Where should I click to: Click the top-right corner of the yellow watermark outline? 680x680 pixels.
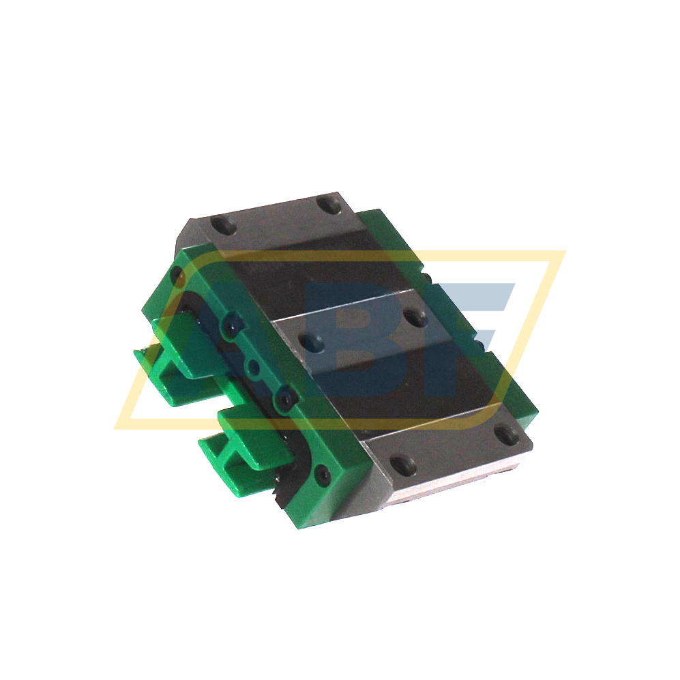click(x=563, y=253)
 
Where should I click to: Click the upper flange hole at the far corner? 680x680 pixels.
click(x=328, y=203)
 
